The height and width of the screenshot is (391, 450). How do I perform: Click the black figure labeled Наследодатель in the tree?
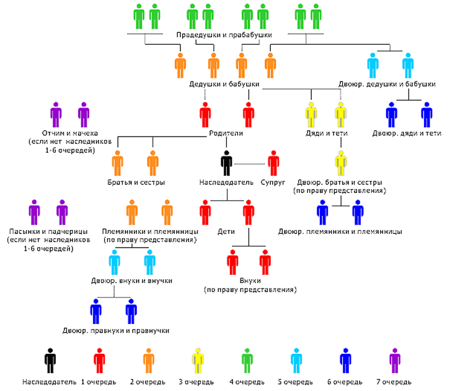click(226, 163)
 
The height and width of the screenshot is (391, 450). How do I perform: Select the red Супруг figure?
click(273, 163)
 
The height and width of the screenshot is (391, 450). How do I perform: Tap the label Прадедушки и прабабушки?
click(224, 35)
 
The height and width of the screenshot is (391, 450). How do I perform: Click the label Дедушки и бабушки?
click(224, 84)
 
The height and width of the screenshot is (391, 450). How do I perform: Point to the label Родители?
click(226, 133)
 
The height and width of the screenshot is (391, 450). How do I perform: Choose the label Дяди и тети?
click(327, 133)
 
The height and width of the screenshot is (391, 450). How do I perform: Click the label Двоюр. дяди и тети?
click(407, 133)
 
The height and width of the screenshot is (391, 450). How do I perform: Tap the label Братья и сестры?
click(136, 182)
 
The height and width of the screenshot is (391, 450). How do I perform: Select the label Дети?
click(226, 231)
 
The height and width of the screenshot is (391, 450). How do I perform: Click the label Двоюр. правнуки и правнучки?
click(116, 331)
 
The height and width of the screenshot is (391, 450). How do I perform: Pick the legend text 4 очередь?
click(247, 382)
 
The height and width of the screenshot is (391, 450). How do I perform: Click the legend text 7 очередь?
click(394, 382)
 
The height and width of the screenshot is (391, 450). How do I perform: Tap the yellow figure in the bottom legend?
click(198, 361)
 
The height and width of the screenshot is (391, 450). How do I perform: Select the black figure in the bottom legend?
click(50, 361)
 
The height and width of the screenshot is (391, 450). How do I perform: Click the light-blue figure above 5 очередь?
click(296, 361)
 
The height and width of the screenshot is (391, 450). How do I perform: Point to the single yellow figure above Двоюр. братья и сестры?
click(341, 163)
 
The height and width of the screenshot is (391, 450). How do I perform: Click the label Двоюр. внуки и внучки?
click(132, 281)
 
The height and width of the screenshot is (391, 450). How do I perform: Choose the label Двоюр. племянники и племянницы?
click(340, 231)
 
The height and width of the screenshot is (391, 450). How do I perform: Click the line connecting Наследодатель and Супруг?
click(250, 164)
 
